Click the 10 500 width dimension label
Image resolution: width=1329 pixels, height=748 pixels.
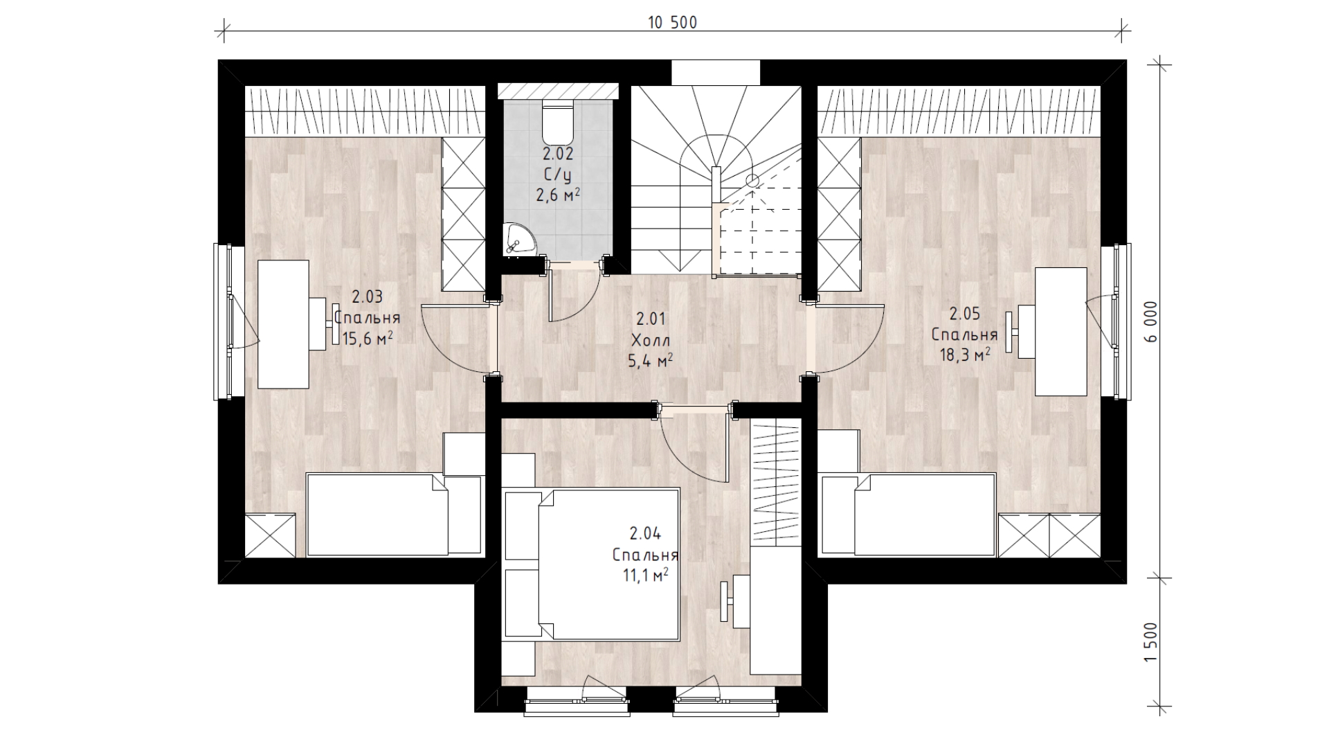[672, 23]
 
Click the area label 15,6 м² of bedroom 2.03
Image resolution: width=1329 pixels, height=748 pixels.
[368, 337]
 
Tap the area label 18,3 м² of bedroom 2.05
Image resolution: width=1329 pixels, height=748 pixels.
[964, 355]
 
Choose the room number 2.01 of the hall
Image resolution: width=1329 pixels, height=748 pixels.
[651, 319]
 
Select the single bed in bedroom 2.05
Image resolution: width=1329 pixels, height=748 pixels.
[908, 515]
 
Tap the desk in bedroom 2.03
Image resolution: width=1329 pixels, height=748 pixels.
[284, 324]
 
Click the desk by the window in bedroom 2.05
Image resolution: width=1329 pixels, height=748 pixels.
[1060, 331]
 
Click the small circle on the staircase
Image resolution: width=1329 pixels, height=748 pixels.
[752, 181]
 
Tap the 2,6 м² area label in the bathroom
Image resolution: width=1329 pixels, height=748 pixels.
[558, 196]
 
